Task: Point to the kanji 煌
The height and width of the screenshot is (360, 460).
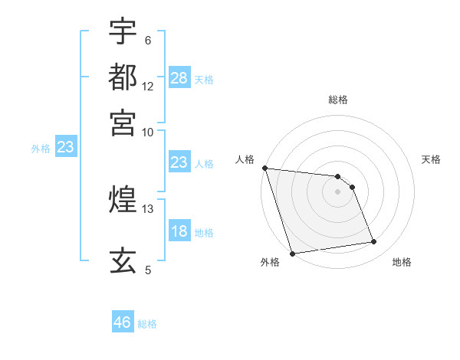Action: pos(123,200)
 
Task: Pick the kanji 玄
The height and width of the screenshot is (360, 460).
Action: pos(123,260)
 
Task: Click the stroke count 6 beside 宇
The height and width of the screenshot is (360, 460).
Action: pos(147,41)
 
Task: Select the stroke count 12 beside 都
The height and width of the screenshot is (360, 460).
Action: pos(148,87)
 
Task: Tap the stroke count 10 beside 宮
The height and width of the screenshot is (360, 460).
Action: pos(148,132)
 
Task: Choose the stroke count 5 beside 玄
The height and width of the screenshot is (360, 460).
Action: pos(148,270)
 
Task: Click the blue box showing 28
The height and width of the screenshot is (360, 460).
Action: pos(179,77)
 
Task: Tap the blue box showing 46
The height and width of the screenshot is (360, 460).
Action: pos(123,322)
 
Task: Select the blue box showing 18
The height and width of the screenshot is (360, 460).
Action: pos(179,231)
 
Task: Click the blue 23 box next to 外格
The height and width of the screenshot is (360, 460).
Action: pos(65,148)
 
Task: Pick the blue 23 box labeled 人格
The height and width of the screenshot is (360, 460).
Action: pos(179,162)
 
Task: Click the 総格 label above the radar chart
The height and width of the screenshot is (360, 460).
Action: pos(337,100)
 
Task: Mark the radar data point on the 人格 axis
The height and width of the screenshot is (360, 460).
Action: pos(264,168)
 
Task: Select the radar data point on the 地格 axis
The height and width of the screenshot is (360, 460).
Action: pos(374,242)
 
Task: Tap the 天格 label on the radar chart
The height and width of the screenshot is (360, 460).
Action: pos(432,159)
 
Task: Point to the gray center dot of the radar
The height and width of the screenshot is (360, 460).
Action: pos(337,191)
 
